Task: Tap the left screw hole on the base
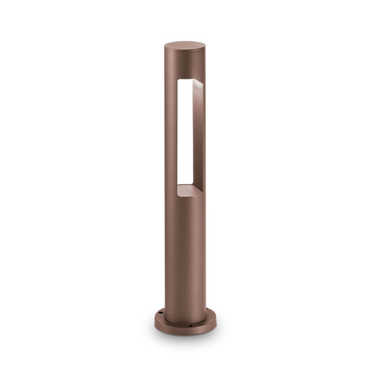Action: pyautogui.click(x=160, y=313)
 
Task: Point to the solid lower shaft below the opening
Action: pyautogui.click(x=185, y=250)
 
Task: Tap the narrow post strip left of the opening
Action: pyautogui.click(x=170, y=134)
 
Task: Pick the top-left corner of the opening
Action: pyautogui.click(x=177, y=80)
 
